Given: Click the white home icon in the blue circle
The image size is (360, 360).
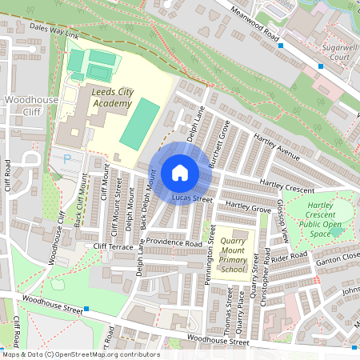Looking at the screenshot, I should tap(180, 173).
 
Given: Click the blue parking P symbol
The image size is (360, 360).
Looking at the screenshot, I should tap(66, 159).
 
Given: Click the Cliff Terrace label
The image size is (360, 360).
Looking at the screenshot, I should tap(114, 246).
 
